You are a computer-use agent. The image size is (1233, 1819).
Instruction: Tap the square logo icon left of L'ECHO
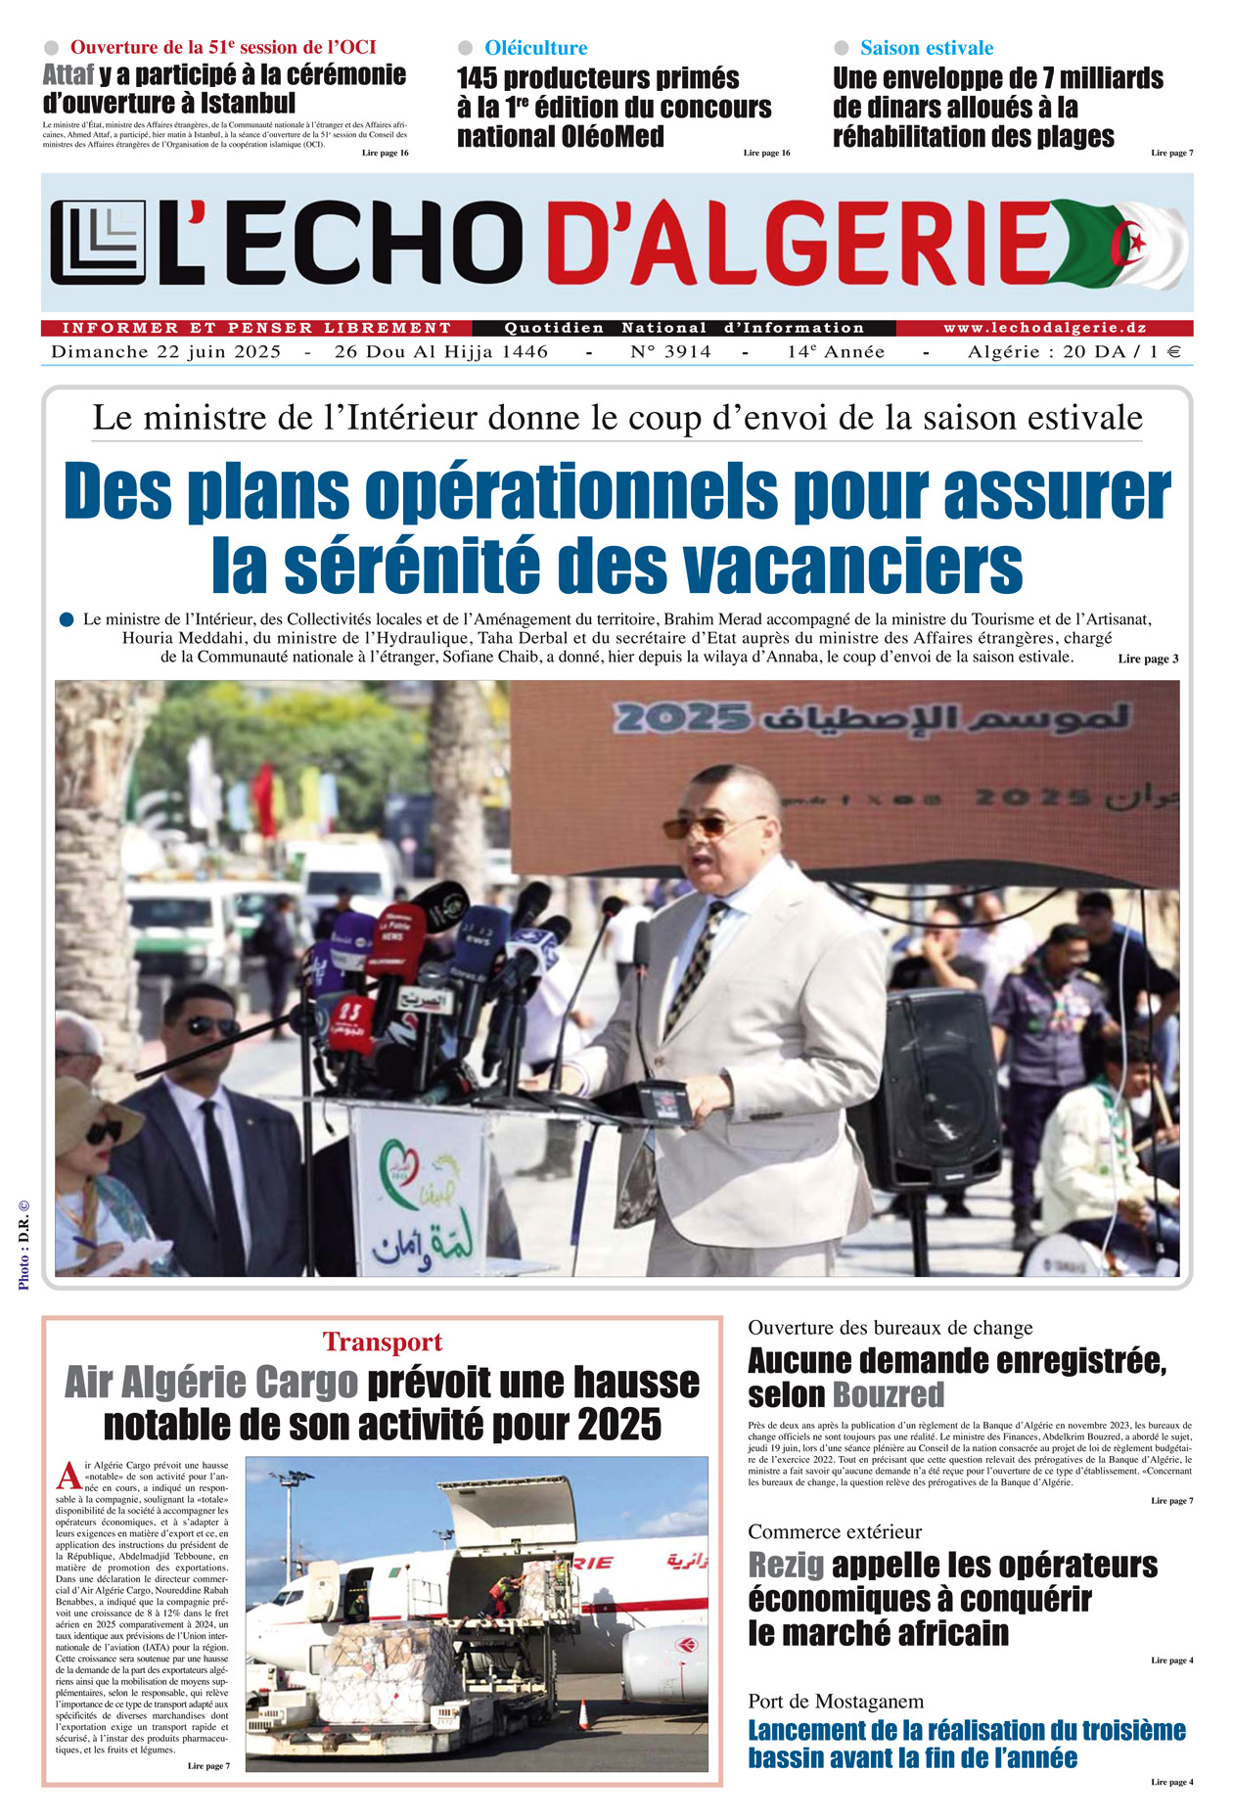click(x=97, y=243)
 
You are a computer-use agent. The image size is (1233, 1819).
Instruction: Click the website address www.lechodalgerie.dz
click(x=1044, y=328)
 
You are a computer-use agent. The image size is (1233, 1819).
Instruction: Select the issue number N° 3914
click(x=670, y=352)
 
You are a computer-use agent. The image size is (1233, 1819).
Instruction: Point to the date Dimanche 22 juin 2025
click(x=166, y=352)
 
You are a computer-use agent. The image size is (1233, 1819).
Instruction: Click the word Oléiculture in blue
click(x=535, y=48)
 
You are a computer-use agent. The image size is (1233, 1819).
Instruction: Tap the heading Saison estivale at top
click(x=926, y=48)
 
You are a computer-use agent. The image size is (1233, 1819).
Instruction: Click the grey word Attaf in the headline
click(x=68, y=75)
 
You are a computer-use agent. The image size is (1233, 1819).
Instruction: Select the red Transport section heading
click(x=383, y=1342)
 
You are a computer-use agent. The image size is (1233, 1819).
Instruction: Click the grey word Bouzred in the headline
click(x=889, y=1394)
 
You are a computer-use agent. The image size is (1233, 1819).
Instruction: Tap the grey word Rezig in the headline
click(x=786, y=1565)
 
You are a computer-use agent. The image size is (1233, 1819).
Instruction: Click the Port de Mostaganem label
click(x=836, y=1701)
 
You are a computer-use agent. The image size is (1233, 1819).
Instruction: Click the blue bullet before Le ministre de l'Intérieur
click(x=67, y=619)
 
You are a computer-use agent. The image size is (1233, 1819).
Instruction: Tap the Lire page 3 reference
click(x=1147, y=659)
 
